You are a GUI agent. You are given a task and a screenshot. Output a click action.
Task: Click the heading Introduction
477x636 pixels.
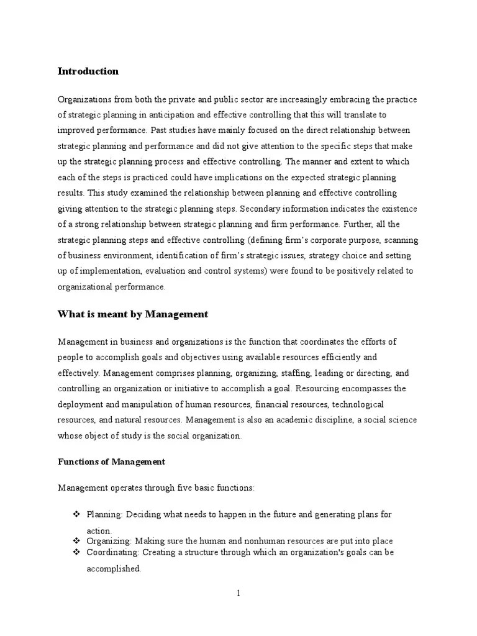tap(88, 71)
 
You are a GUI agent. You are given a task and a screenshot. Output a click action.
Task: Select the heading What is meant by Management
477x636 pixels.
tap(132, 314)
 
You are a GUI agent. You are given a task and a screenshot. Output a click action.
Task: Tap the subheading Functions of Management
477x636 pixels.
tap(111, 461)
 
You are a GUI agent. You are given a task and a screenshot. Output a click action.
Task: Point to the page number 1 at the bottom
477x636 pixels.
tap(238, 593)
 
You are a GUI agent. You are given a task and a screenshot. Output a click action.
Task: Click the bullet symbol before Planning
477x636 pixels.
tap(77, 515)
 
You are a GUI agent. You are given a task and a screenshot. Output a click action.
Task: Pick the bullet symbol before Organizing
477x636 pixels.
tap(77, 541)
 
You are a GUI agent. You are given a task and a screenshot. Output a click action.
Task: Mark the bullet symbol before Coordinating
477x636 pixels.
tap(77, 552)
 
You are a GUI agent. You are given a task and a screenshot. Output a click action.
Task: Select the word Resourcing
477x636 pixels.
tap(320, 389)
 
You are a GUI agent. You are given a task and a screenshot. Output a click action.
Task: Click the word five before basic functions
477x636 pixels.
tap(174, 488)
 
